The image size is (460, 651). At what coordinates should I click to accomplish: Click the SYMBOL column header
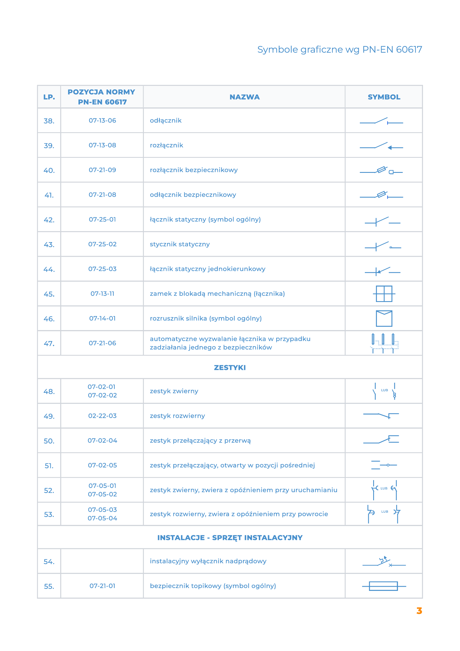point(384,97)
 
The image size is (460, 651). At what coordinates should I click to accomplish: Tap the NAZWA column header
point(244,97)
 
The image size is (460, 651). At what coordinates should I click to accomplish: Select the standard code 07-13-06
point(102,121)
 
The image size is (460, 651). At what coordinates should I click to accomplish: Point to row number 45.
point(49,294)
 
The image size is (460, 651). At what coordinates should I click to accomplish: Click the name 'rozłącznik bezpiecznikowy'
point(194,170)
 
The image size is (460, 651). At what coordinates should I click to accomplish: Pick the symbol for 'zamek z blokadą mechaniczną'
point(384,294)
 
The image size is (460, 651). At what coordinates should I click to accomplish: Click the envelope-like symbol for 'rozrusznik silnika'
point(384,318)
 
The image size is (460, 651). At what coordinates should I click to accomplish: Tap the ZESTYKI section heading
point(230,367)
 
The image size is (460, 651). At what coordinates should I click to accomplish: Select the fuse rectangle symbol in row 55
point(383,586)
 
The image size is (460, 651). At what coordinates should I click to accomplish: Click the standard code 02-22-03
point(102,416)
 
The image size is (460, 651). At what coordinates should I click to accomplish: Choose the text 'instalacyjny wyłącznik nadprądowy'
point(208,561)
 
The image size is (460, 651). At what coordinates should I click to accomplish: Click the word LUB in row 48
point(384,390)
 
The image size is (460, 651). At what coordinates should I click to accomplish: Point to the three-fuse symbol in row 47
point(384,343)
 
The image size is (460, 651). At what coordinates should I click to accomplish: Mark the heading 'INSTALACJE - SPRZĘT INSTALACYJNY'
point(230,538)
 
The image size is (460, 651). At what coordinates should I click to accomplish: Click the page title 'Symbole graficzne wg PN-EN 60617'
point(339,50)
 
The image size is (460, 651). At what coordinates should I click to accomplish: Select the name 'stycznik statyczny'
point(180,244)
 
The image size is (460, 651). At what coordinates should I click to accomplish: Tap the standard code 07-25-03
point(102,269)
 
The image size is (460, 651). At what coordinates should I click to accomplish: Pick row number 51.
point(49,466)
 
